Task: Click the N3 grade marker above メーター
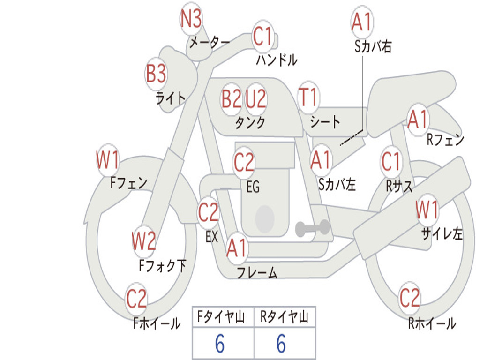(x=191, y=20)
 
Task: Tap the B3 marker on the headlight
(x=156, y=74)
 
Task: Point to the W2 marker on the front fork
(x=143, y=242)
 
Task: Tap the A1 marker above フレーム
(x=237, y=248)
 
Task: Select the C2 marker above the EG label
(x=244, y=163)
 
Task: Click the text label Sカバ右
(x=373, y=47)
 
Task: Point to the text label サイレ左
(x=442, y=234)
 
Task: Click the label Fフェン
(x=129, y=182)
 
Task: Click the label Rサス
(x=399, y=186)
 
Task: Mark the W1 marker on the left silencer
(x=427, y=210)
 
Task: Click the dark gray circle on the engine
(x=265, y=218)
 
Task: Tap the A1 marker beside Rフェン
(x=417, y=120)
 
